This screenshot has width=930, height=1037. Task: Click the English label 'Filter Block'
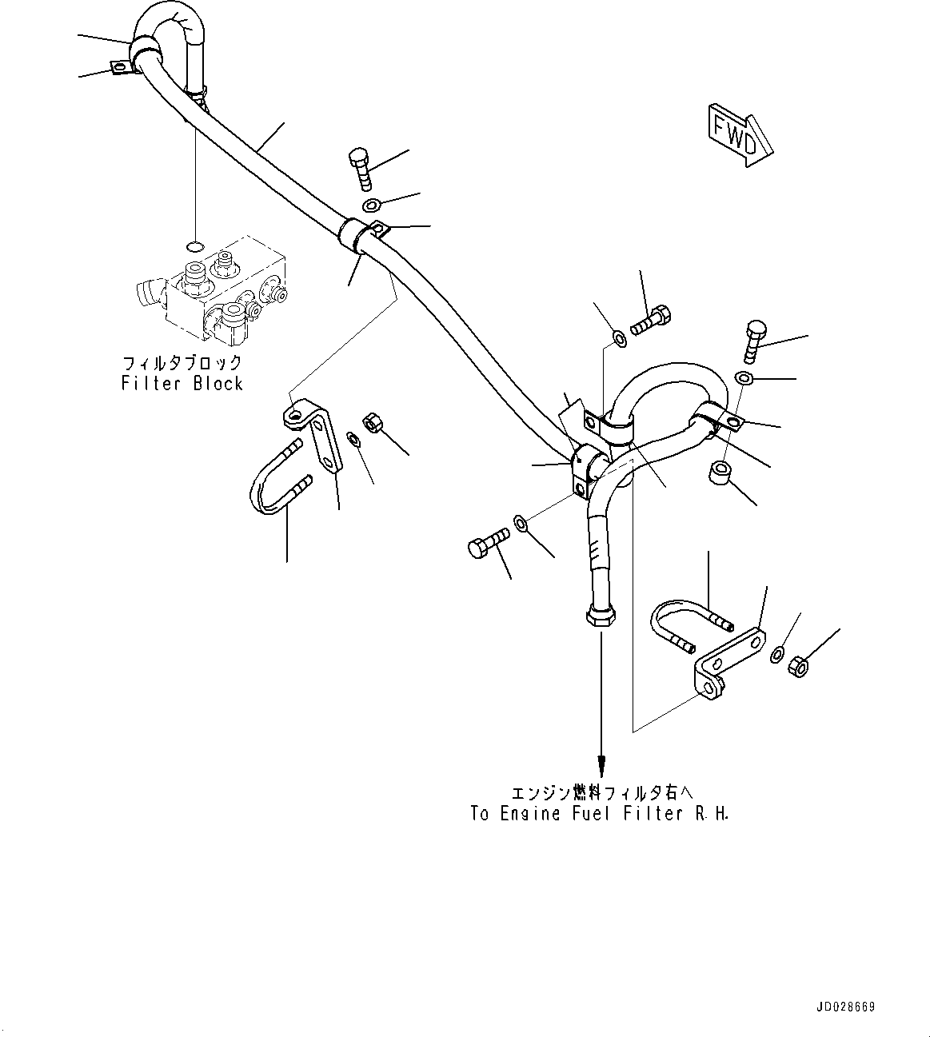pyautogui.click(x=182, y=384)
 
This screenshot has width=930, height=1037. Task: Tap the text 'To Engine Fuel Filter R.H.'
pyautogui.click(x=600, y=814)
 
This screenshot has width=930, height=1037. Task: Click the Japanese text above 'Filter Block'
pyautogui.click(x=182, y=362)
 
